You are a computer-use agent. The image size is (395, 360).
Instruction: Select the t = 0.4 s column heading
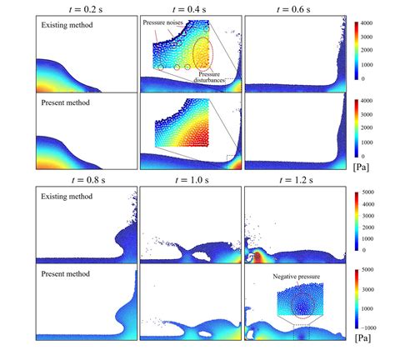[x=191, y=7]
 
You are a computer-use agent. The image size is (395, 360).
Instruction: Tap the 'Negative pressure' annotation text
[x=297, y=276]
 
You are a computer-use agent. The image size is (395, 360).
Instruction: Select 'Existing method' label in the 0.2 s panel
[x=67, y=26]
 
